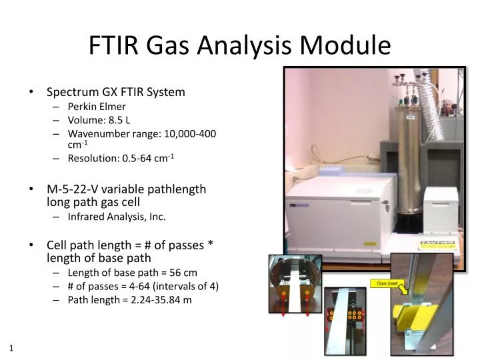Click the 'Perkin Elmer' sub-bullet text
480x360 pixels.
coord(97,106)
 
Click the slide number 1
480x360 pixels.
coord(12,348)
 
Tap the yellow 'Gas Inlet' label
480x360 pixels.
coord(387,283)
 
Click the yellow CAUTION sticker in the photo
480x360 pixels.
coord(439,243)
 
